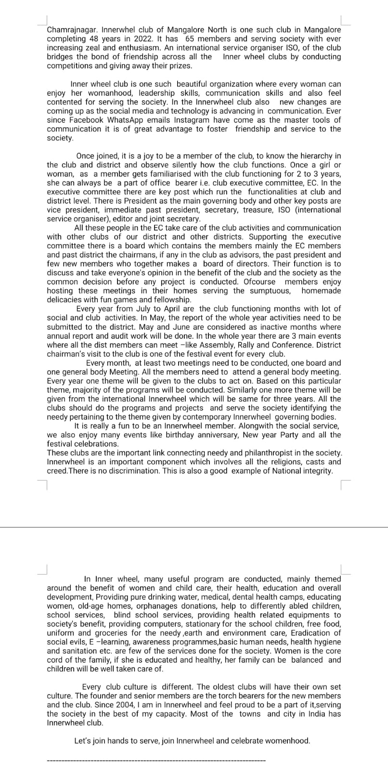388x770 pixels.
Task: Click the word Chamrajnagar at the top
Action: tap(69, 30)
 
